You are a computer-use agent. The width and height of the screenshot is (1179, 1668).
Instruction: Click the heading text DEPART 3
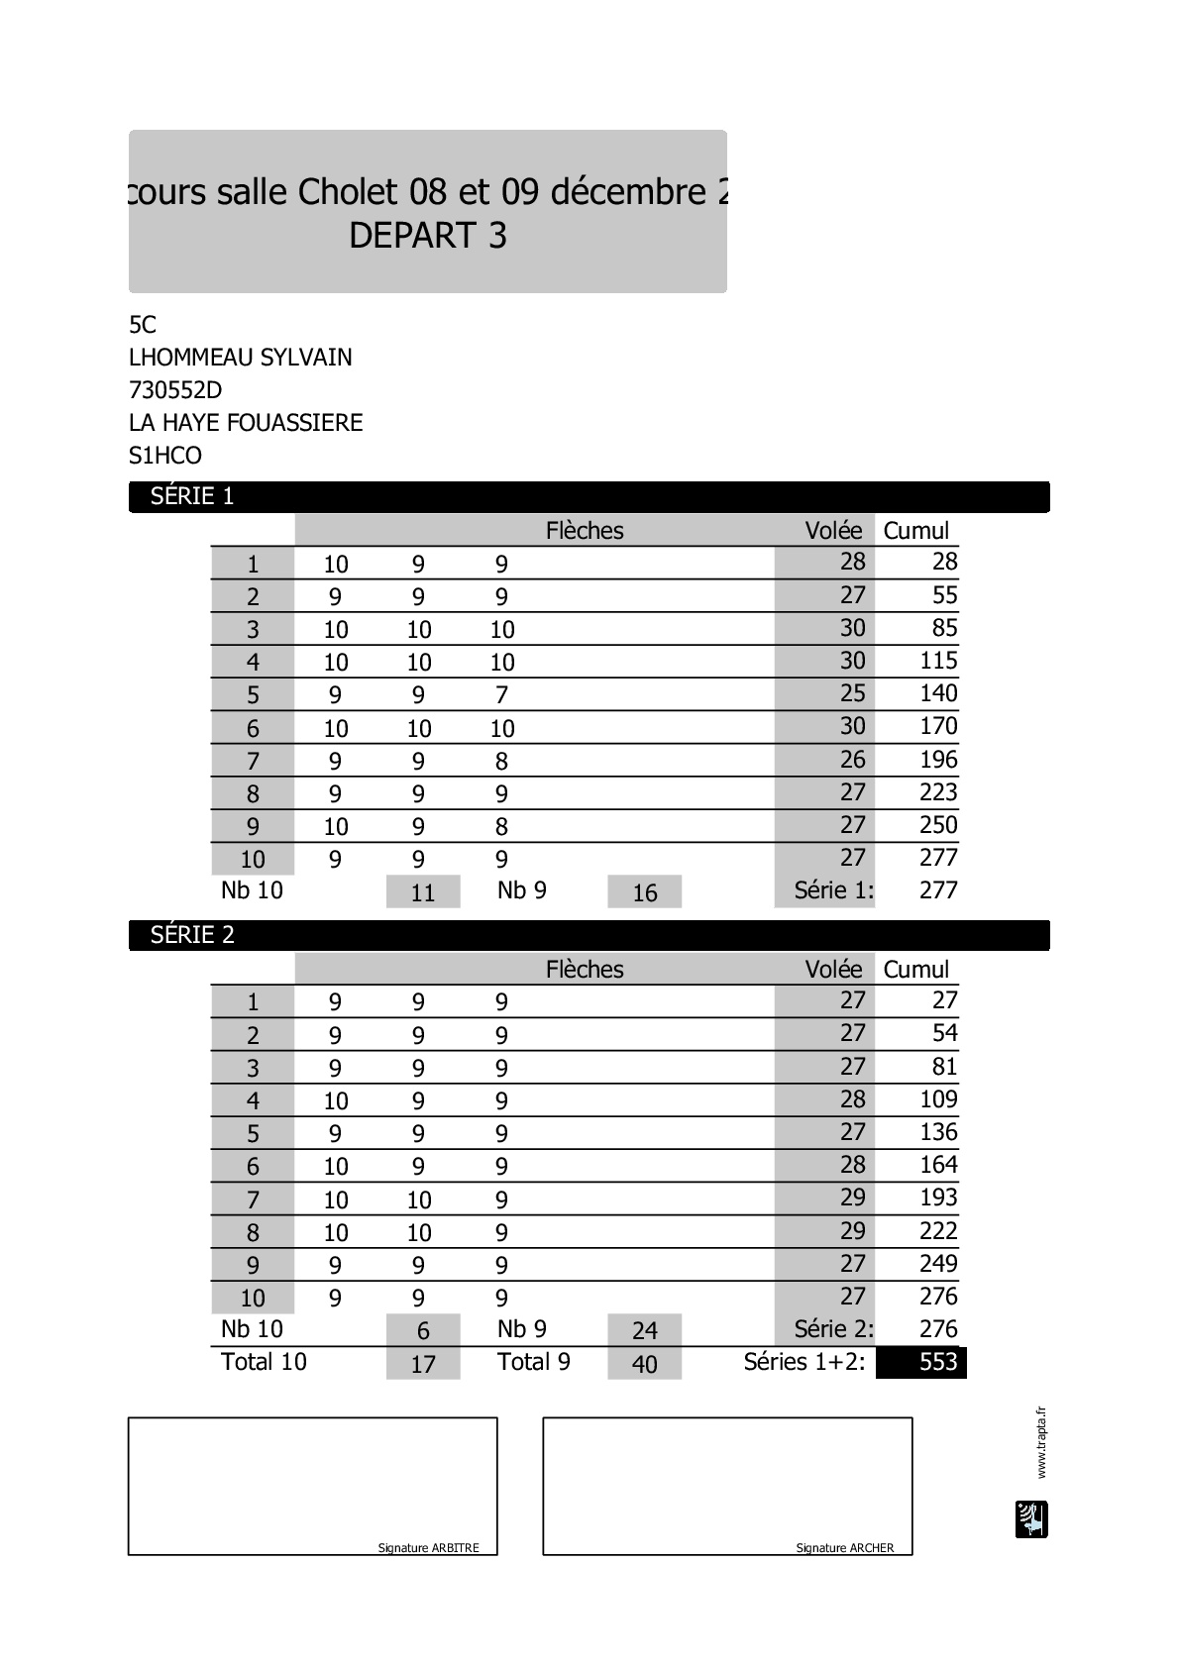pos(428,236)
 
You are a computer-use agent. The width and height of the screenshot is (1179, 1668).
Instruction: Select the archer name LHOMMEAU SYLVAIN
pos(240,358)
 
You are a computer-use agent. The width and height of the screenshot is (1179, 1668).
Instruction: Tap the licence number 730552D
pos(175,390)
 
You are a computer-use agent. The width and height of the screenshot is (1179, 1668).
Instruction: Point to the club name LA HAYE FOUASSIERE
pos(246,423)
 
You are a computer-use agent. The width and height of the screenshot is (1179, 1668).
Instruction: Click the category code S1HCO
pos(165,456)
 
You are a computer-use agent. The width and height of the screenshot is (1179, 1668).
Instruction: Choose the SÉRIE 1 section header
pos(192,496)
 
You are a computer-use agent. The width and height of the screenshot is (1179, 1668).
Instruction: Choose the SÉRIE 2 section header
pos(192,935)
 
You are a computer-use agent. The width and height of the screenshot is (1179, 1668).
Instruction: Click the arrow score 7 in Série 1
pos(501,695)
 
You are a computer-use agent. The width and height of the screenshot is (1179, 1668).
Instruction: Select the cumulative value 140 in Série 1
pos(938,693)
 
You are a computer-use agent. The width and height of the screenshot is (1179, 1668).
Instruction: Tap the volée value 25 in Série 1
pos(852,693)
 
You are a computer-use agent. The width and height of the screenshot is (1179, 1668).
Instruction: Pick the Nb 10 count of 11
pos(423,892)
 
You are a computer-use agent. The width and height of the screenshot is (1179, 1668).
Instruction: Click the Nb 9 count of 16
pos(645,892)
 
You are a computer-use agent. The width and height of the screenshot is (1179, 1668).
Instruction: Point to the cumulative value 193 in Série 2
pos(938,1198)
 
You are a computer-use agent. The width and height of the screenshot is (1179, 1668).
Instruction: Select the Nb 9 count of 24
pos(645,1331)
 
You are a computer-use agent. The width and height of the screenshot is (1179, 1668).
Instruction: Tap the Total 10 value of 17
pos(423,1364)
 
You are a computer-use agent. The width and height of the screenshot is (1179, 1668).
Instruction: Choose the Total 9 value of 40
pos(645,1364)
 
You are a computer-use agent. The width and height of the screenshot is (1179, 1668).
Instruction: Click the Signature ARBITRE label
pos(428,1548)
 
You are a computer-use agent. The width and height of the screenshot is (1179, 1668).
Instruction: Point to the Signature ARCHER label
pos(844,1548)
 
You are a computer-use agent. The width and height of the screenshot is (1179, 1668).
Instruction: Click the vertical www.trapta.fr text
pos(1041,1442)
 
